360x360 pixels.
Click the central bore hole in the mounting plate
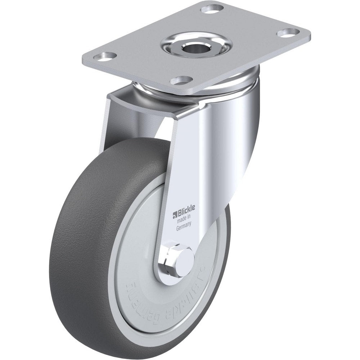pyautogui.click(x=195, y=47)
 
